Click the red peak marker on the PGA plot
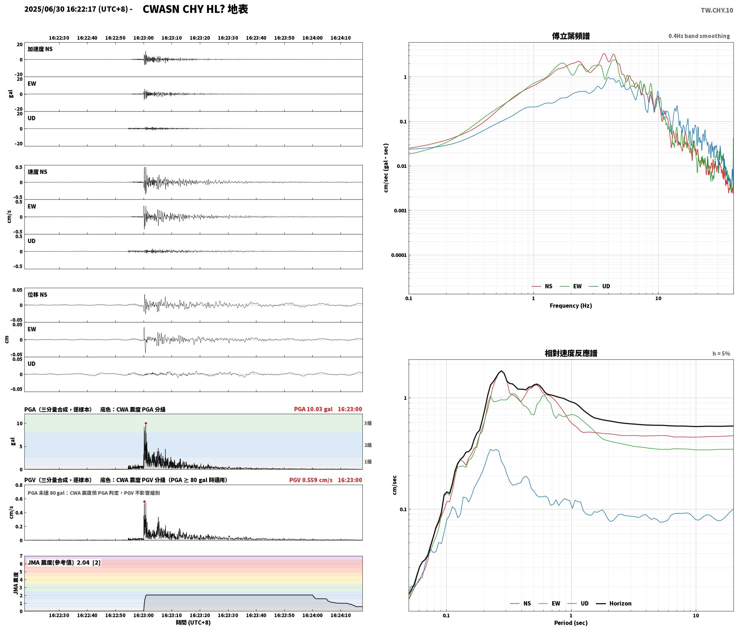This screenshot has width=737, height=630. pos(146,423)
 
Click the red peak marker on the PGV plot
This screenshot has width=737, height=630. pos(144,501)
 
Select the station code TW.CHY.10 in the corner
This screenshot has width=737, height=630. pos(717,10)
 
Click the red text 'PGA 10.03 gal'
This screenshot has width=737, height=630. pos(313,409)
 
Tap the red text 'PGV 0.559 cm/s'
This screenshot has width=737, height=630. pos(311,480)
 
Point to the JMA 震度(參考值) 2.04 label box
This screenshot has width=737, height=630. pos(64,562)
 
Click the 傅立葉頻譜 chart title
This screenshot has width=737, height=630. pos(571,36)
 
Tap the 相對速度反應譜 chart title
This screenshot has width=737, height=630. pos(571,353)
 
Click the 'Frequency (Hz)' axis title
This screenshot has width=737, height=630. pos(571,305)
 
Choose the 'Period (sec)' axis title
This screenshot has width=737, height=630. pos(571,622)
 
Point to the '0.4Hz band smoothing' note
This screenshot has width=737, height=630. pos(699,36)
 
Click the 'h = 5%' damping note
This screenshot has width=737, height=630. pos(721,353)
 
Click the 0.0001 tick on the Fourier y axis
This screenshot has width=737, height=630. pos(399,255)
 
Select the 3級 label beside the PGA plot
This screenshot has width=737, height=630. pos(368,423)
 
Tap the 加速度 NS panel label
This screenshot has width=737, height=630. pos(40,49)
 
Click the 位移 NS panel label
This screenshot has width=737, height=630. pos(38,295)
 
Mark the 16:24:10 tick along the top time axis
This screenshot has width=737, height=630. pos(341,38)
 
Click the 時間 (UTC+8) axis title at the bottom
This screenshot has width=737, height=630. pos(193,622)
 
